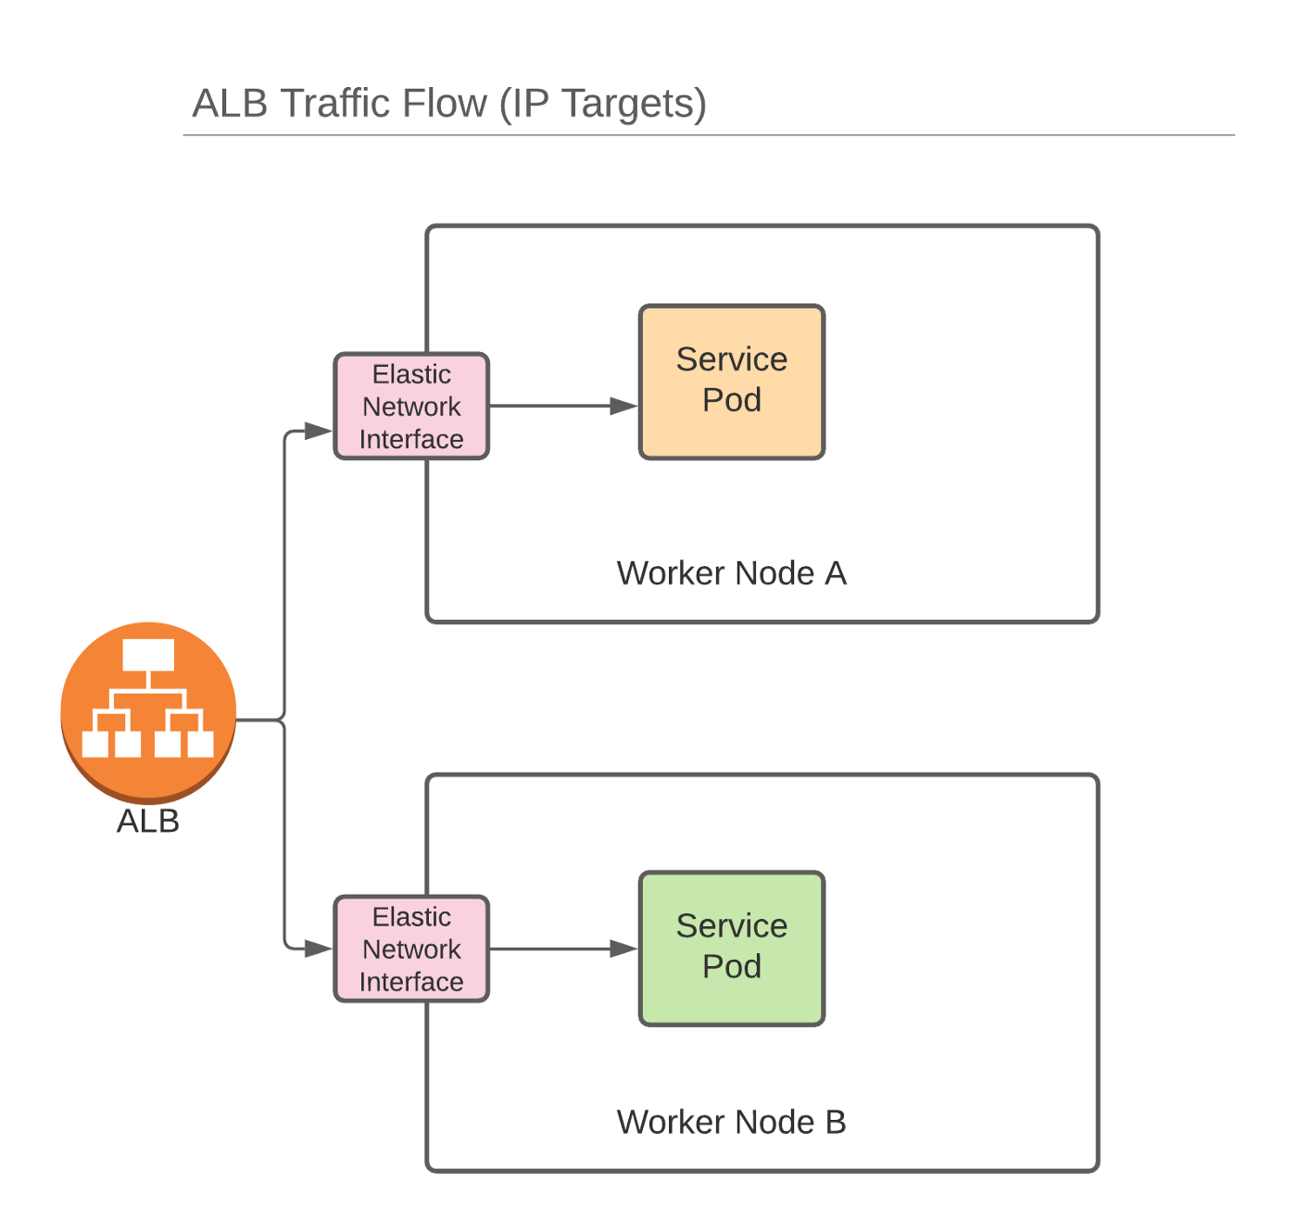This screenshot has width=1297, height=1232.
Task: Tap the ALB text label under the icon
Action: [148, 822]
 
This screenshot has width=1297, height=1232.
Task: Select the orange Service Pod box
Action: [731, 382]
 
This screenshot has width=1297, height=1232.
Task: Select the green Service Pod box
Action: [731, 948]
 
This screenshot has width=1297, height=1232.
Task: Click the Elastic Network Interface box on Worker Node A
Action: [411, 406]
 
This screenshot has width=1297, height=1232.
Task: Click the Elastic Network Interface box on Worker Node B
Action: [411, 949]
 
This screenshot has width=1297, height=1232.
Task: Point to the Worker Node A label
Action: [731, 573]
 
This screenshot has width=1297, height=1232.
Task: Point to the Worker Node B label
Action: [731, 1122]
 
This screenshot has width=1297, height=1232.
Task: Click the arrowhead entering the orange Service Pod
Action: [623, 406]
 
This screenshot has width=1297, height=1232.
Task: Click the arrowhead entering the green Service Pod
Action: [623, 949]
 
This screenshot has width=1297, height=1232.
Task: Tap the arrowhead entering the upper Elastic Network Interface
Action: [318, 431]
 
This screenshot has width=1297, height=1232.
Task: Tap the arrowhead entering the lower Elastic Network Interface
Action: [318, 949]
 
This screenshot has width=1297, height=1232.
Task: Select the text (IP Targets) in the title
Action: [602, 104]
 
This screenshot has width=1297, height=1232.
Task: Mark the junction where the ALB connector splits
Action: [283, 720]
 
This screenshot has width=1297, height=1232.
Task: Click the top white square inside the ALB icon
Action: [148, 655]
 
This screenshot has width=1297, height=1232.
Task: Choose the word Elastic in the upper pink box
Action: [411, 374]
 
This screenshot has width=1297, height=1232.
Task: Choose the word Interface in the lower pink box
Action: [411, 982]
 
